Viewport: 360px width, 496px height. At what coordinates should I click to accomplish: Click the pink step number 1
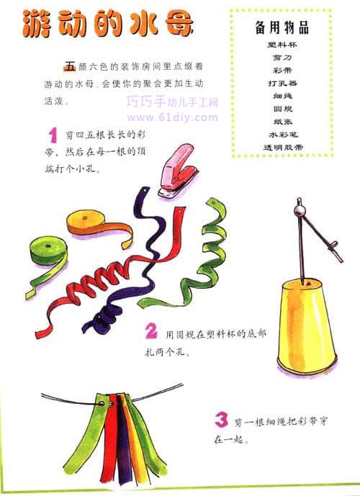(53, 135)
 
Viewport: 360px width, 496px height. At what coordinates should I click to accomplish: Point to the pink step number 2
(151, 331)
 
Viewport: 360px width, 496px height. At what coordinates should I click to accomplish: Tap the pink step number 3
(221, 420)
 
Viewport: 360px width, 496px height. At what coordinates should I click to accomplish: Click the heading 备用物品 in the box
(282, 27)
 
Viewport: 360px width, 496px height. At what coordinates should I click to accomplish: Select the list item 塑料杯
(282, 45)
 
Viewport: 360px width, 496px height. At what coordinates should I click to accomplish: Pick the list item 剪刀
(282, 58)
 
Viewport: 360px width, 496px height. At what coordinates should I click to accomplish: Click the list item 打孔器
(282, 84)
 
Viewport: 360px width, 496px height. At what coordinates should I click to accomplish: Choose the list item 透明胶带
(283, 147)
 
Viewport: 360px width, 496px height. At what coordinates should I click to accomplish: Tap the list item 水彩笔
(283, 135)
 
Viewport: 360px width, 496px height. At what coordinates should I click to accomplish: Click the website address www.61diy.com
(172, 117)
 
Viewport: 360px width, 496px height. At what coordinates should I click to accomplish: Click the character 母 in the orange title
(180, 24)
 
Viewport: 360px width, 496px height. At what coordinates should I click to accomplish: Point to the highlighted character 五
(70, 66)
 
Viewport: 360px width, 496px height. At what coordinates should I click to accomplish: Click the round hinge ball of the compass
(298, 210)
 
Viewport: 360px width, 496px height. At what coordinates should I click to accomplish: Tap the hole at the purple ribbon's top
(145, 191)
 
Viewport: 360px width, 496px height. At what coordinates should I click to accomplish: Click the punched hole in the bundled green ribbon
(102, 404)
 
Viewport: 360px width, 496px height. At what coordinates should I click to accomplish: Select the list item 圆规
(283, 109)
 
